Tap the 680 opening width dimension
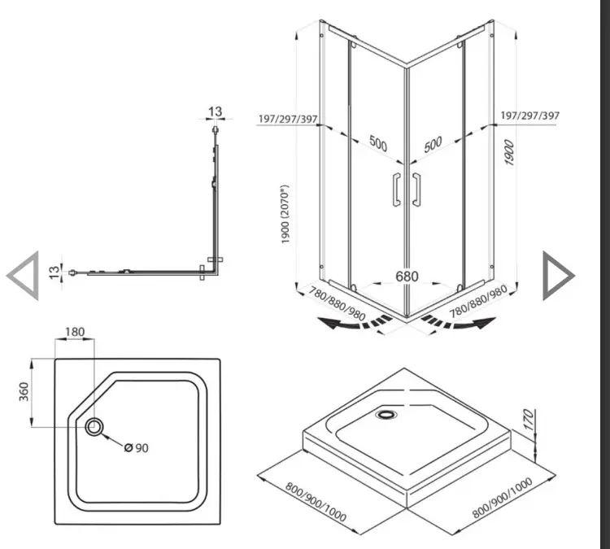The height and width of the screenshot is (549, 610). (x=407, y=277)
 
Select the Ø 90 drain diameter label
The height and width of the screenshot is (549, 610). (x=137, y=448)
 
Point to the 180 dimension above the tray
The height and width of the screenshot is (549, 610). (x=75, y=332)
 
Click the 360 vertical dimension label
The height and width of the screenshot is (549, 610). (x=24, y=392)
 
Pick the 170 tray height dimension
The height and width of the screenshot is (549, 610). (x=528, y=420)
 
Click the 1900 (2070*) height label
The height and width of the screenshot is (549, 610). (x=285, y=215)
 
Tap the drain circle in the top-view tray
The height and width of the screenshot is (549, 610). (x=94, y=427)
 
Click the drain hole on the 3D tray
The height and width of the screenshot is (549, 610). (x=386, y=414)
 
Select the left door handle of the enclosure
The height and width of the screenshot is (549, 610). (x=396, y=190)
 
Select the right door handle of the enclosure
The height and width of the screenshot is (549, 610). (x=416, y=190)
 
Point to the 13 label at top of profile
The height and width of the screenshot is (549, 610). (x=216, y=111)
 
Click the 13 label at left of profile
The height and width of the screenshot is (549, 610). (x=54, y=272)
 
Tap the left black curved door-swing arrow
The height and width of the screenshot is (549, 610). (x=355, y=323)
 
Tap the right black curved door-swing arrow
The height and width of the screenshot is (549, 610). (x=459, y=322)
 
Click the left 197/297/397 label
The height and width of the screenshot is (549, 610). (x=288, y=119)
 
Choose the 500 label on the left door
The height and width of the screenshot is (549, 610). (x=377, y=144)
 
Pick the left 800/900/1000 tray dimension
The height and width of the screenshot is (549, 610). (x=316, y=503)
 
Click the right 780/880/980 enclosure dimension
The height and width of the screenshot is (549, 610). (x=478, y=302)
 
